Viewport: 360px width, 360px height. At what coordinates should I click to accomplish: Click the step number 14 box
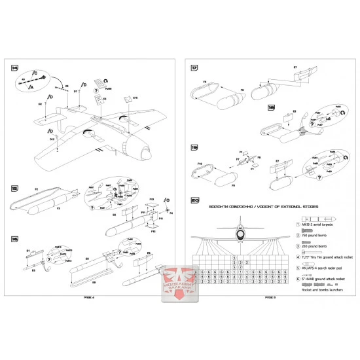click(x=14, y=69)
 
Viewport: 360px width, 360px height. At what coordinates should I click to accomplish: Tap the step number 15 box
click(x=14, y=188)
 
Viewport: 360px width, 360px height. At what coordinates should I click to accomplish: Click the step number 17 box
click(x=194, y=69)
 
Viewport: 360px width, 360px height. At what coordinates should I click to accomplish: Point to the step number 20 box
click(x=194, y=200)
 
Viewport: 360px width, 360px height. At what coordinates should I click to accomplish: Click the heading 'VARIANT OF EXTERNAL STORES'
click(x=287, y=208)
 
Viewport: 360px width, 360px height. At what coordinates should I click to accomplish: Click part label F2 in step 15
click(x=35, y=189)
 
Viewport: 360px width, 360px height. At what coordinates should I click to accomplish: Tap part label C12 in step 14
click(x=135, y=98)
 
